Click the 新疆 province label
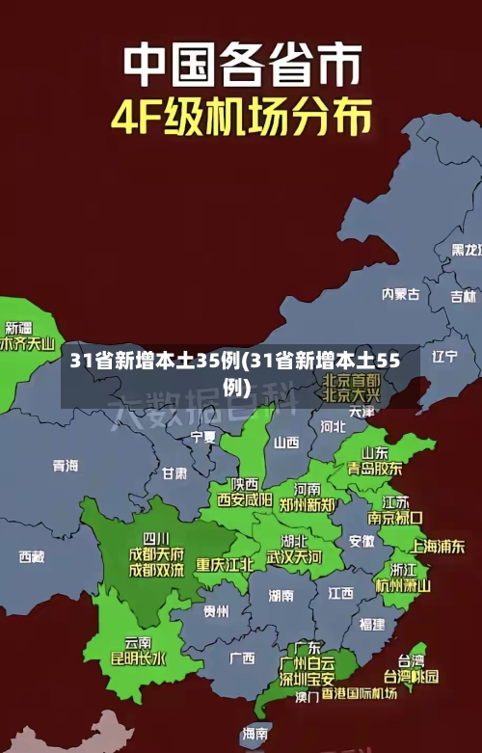click(x=20, y=301)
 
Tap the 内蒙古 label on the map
click(x=400, y=266)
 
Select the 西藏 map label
click(x=32, y=556)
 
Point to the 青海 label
click(x=66, y=466)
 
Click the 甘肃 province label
click(x=174, y=473)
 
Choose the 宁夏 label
click(x=203, y=437)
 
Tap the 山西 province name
click(x=286, y=443)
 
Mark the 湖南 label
click(x=281, y=595)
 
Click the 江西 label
click(x=340, y=592)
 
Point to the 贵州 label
click(x=216, y=610)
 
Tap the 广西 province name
click(x=242, y=659)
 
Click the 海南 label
click(x=255, y=734)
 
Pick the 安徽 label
click(x=361, y=541)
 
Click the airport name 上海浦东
click(x=438, y=546)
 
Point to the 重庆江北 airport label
click(x=225, y=564)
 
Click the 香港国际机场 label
click(x=359, y=693)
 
